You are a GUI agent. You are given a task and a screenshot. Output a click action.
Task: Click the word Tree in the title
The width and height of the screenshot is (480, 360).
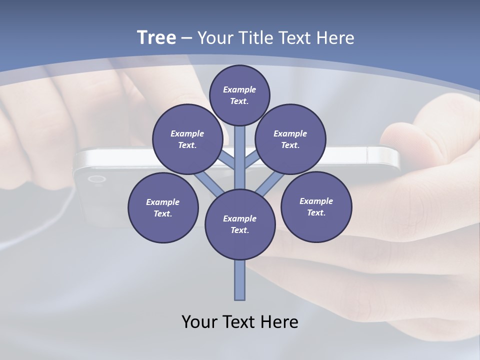156,38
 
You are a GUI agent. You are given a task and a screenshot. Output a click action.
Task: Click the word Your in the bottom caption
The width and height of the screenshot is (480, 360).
200,322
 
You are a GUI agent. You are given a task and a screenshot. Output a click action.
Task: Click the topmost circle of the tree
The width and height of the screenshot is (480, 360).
239,95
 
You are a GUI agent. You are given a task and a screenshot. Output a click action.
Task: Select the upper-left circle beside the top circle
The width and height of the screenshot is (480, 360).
187,139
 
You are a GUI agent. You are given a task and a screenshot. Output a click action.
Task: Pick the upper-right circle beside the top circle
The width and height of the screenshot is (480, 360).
290,139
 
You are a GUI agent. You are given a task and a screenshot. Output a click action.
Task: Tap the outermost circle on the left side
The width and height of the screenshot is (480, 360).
163,207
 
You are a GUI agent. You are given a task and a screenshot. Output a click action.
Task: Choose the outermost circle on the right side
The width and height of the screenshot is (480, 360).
316,206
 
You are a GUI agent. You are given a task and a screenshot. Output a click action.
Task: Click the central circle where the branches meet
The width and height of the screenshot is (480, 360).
240,224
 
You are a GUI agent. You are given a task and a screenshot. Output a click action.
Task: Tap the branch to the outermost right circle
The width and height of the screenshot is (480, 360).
271,183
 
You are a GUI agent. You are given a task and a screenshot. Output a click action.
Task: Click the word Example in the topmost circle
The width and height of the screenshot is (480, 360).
239,89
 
